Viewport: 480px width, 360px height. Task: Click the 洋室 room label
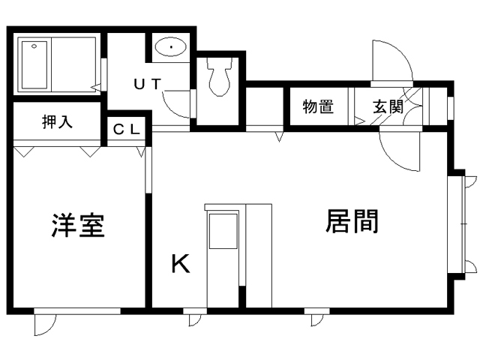tap(78, 226)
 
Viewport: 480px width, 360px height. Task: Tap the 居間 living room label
tap(352, 221)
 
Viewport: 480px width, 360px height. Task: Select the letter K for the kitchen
tap(181, 264)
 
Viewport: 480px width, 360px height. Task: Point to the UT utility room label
tap(147, 84)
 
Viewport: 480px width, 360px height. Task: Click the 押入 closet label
tap(57, 121)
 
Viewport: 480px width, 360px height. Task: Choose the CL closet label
tap(127, 130)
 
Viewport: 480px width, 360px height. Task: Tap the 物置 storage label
tap(318, 106)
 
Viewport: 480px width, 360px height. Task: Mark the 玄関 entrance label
tap(388, 106)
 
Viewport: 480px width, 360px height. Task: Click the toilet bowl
tap(219, 77)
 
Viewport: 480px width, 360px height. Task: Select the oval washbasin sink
tap(170, 46)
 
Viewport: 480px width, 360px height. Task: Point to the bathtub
tap(34, 65)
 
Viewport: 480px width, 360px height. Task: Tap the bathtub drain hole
tap(34, 46)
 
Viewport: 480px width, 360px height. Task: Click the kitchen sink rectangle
tap(223, 231)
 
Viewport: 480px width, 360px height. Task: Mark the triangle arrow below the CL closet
tap(141, 151)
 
